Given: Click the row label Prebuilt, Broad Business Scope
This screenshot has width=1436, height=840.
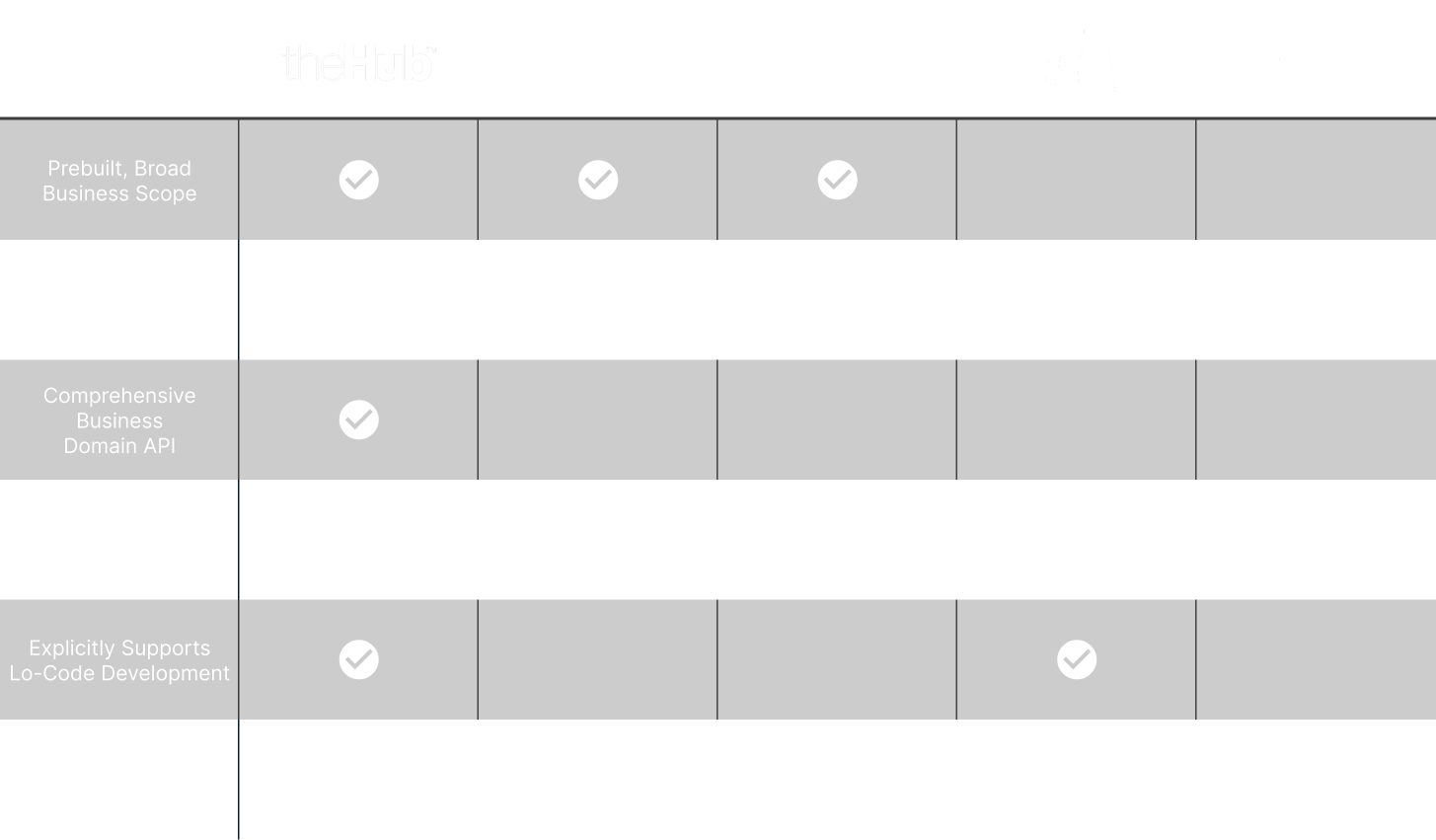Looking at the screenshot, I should click(119, 181).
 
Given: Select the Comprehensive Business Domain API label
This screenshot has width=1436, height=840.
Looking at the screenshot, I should click(119, 420).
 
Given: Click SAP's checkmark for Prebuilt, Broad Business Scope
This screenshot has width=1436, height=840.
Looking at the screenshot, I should click(837, 181).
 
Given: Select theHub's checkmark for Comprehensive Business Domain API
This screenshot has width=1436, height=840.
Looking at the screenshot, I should click(359, 420).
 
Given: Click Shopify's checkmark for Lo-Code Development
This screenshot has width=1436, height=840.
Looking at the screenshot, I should click(1077, 659).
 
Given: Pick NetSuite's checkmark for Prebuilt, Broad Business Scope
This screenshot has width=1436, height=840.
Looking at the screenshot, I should click(598, 181).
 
